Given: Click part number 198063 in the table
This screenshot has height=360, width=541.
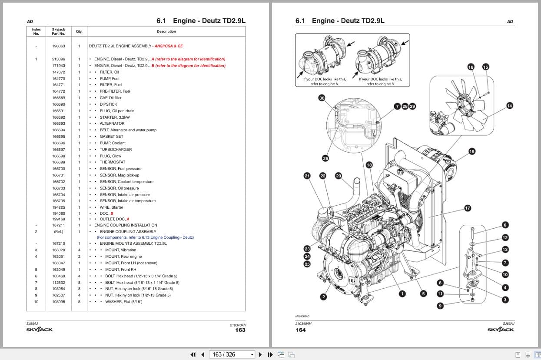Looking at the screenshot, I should (x=59, y=46).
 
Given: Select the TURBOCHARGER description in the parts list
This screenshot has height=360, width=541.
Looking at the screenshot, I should (x=116, y=150).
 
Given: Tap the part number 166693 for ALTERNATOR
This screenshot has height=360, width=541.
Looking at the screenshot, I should (x=59, y=123).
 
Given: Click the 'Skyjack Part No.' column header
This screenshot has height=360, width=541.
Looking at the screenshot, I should (x=59, y=31).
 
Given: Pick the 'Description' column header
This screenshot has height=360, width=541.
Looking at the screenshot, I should (x=166, y=31).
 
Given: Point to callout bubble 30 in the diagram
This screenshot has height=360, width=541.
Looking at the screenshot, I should (x=322, y=98).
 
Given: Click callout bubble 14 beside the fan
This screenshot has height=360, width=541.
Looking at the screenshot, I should (x=510, y=106).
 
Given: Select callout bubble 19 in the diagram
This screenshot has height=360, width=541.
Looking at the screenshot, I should (x=472, y=151).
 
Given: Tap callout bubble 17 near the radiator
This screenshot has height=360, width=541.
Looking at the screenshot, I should (x=468, y=208).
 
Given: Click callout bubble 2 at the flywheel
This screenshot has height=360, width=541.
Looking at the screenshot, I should (x=323, y=297).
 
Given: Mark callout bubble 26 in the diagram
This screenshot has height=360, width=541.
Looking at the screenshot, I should (x=325, y=158).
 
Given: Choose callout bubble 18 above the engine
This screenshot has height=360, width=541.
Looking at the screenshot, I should (x=369, y=165).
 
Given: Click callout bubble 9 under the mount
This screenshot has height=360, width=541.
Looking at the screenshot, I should (x=440, y=306).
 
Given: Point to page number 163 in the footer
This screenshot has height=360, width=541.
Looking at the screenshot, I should (x=240, y=330).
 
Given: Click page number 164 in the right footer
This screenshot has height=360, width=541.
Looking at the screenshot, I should (x=300, y=330).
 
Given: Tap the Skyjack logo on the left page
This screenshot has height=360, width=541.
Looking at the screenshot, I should (x=40, y=330).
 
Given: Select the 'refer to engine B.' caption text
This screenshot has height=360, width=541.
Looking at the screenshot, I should (x=380, y=84).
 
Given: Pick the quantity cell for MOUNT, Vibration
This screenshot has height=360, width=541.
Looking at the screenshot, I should (x=79, y=250).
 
